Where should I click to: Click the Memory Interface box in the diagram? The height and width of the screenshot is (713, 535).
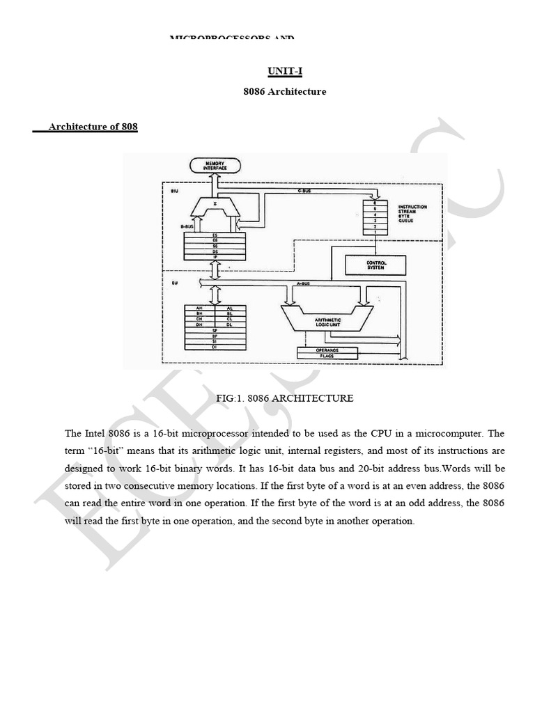215,166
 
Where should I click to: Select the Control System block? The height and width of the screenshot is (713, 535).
375,265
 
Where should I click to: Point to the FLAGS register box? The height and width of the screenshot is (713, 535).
327,355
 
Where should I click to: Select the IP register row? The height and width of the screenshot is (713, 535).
215,257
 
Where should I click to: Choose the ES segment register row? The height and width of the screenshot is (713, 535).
215,235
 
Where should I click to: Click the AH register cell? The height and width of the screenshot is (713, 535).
199,307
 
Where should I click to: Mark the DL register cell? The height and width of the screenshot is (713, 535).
230,324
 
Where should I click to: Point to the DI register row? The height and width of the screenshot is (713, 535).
215,346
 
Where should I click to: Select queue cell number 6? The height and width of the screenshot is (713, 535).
375,203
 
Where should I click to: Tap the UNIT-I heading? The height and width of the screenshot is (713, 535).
285,71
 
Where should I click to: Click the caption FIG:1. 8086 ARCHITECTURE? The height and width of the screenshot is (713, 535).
285,398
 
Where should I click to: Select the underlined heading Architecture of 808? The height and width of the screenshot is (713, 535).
93,127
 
